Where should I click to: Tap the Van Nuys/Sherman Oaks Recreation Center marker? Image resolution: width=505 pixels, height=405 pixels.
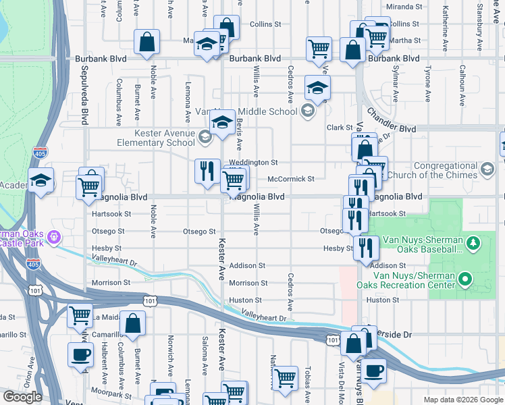[x=464, y=278]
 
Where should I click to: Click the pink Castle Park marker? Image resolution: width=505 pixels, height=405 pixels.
[x=56, y=238]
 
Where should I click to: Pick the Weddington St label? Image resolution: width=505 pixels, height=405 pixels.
[x=253, y=163]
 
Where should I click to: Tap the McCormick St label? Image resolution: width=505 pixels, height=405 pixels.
[x=291, y=179]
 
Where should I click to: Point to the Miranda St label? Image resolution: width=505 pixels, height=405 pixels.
[x=404, y=7]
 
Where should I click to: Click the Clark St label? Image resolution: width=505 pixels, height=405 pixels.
[x=340, y=128]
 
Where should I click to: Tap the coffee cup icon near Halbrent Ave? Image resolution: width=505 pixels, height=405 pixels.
[x=80, y=354]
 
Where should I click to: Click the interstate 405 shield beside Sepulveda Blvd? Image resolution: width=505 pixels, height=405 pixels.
[x=41, y=153]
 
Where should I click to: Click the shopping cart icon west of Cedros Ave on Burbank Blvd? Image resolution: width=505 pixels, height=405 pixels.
[x=319, y=48]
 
